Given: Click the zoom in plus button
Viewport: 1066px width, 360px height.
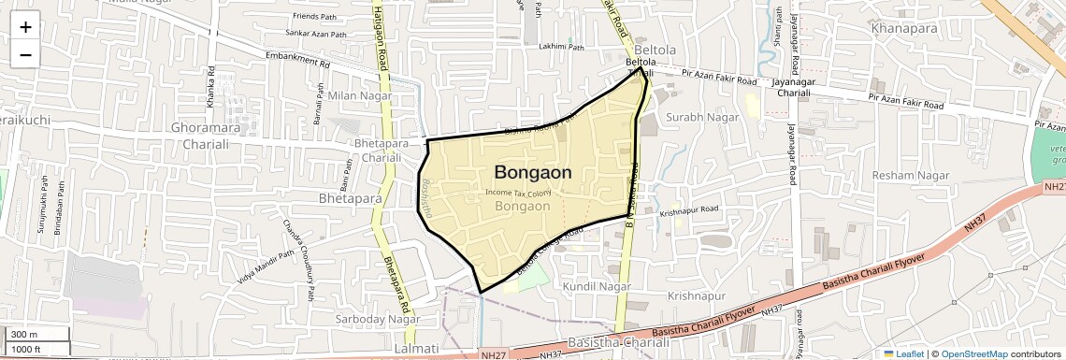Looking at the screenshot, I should [x=25, y=27].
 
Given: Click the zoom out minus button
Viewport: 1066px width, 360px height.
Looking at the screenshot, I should [x=25, y=55].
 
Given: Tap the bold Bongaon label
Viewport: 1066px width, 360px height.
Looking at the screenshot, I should [x=533, y=173].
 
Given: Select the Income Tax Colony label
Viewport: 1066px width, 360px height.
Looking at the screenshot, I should [x=518, y=192].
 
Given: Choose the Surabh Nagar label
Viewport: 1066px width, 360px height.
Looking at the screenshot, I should [x=702, y=117].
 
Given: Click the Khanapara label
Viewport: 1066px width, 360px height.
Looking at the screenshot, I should [x=902, y=29].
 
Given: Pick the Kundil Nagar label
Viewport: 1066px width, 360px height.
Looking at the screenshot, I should [x=597, y=284].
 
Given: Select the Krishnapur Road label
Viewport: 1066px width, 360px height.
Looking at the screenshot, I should [x=688, y=212].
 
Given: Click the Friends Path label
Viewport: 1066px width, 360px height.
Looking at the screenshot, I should [x=313, y=16].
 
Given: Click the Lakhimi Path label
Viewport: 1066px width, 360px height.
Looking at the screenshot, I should [x=561, y=47].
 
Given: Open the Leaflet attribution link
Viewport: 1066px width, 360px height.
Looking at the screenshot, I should [x=903, y=353].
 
